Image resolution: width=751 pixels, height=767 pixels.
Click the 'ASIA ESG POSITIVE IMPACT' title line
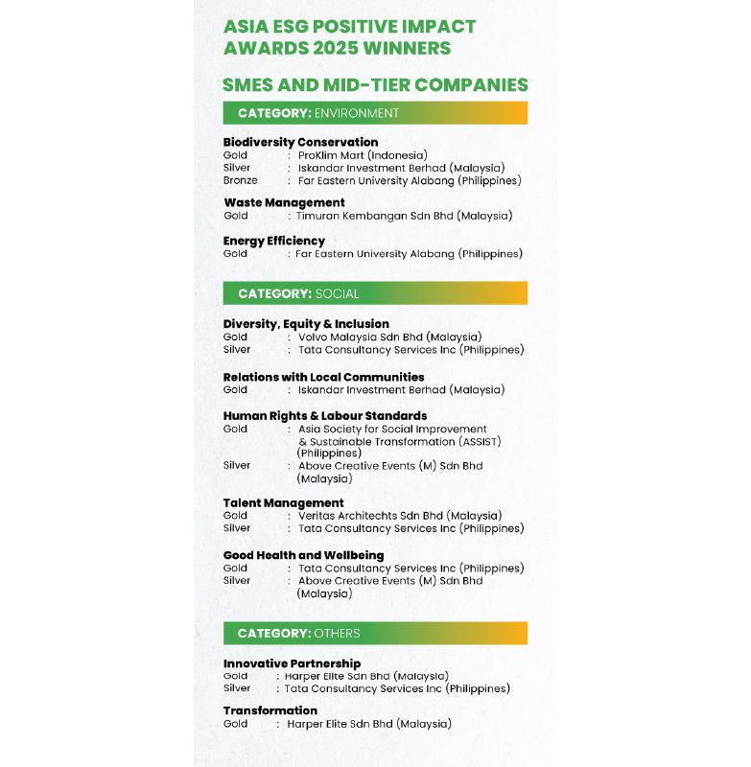[x=349, y=27]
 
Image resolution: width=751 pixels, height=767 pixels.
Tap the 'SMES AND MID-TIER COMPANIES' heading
[x=375, y=84]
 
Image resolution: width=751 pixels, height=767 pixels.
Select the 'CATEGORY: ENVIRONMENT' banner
[x=375, y=113]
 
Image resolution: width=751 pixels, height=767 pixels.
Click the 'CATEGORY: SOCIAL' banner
[x=375, y=293]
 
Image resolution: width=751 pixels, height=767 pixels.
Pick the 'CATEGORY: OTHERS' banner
[x=375, y=634]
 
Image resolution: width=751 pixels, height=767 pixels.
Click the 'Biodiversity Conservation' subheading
[x=300, y=142]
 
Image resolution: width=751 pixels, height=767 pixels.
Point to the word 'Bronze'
[x=240, y=180]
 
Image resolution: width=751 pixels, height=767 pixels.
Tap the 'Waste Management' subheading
[x=284, y=202]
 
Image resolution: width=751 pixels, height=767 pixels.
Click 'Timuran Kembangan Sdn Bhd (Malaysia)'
[x=404, y=216]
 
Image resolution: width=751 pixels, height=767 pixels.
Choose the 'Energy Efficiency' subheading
[x=274, y=241]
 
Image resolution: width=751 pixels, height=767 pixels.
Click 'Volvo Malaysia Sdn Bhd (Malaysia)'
[x=389, y=337]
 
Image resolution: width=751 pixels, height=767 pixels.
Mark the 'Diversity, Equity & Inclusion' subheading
[x=306, y=324]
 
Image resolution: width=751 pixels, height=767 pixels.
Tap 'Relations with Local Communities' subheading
[x=323, y=377]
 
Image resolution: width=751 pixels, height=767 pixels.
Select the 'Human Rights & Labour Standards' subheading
[x=325, y=415]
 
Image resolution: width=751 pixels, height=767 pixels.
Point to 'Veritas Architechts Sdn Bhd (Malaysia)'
[x=399, y=516]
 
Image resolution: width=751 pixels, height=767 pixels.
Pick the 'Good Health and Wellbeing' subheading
[x=303, y=555]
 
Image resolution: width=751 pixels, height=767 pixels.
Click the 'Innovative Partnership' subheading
[x=292, y=663]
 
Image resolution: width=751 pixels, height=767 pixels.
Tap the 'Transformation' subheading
[x=270, y=710]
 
